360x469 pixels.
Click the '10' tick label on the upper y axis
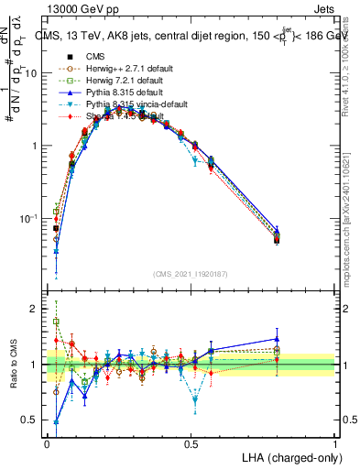(x=33, y=73)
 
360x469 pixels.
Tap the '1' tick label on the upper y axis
(x=36, y=147)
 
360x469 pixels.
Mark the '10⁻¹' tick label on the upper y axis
(x=30, y=218)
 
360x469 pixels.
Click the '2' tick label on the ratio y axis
(x=36, y=310)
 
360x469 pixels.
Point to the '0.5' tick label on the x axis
(x=191, y=443)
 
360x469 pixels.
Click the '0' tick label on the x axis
(x=47, y=443)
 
